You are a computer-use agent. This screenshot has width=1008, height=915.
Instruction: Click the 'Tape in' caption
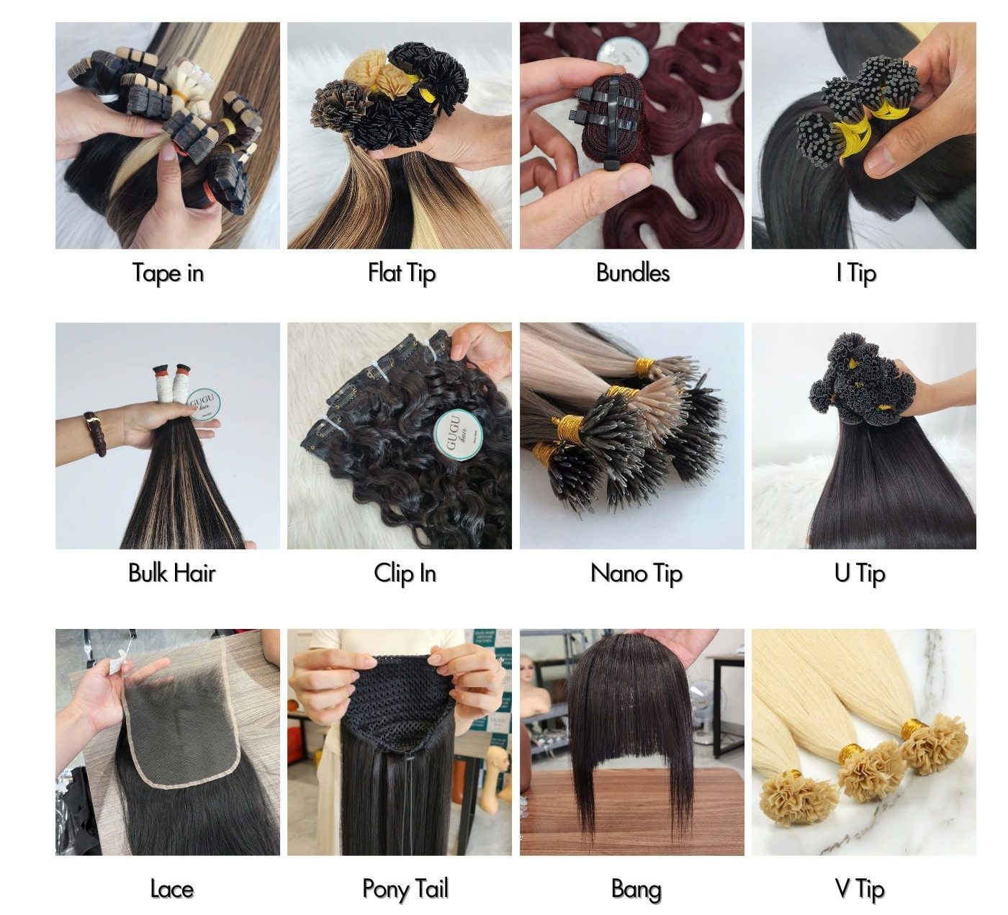(x=168, y=273)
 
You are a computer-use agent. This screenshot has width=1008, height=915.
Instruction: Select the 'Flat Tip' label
(x=401, y=273)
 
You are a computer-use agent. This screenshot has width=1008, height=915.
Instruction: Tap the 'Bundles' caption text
(x=632, y=272)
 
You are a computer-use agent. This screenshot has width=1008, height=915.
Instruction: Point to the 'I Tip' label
(x=856, y=273)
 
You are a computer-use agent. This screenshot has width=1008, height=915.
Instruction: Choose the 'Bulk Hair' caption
(x=171, y=573)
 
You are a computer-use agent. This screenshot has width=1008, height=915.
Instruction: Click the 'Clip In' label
(x=405, y=573)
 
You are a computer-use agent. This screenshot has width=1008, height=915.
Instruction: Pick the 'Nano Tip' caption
(x=636, y=573)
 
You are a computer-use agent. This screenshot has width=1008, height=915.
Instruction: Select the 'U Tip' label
(x=859, y=573)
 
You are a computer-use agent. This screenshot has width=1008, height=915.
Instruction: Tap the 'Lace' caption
(x=171, y=889)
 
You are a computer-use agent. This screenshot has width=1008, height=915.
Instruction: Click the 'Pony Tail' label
(x=405, y=889)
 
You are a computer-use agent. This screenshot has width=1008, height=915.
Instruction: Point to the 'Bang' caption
(x=636, y=889)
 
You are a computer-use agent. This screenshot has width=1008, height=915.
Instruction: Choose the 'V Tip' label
(x=859, y=889)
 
